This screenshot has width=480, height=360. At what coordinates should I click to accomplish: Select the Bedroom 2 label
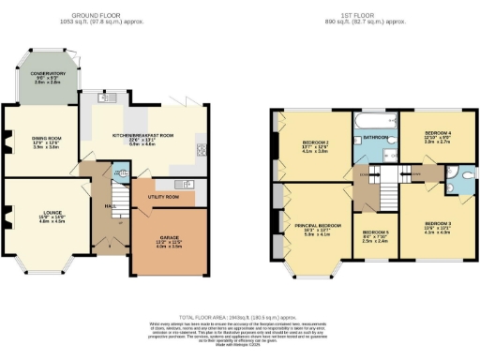click(x=315, y=143)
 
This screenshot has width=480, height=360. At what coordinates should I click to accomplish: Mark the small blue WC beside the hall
click(x=119, y=174)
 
